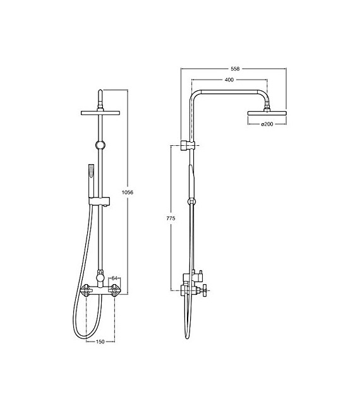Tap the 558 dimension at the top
pyautogui.click(x=235, y=69)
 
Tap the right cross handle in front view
pyautogui.click(x=114, y=290)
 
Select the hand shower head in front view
pyautogui.click(x=90, y=170)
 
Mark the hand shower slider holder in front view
pyautogui.click(x=100, y=201)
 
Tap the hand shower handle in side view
pyautogui.click(x=189, y=180)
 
